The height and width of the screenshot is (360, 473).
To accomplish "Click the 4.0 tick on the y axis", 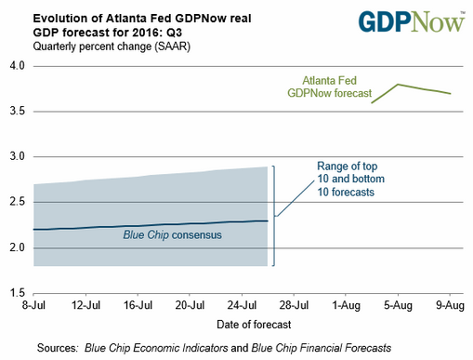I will (x=18, y=66).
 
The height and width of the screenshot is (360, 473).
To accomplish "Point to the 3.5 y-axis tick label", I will (x=18, y=112).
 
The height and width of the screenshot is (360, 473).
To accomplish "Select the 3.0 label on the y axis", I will (x=18, y=157).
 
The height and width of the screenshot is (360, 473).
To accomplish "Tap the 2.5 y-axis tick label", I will (x=18, y=203).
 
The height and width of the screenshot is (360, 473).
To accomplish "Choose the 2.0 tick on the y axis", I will (x=18, y=248).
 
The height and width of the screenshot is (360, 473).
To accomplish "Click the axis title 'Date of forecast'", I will (x=242, y=324).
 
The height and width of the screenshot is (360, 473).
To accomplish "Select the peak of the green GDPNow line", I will (x=398, y=85).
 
